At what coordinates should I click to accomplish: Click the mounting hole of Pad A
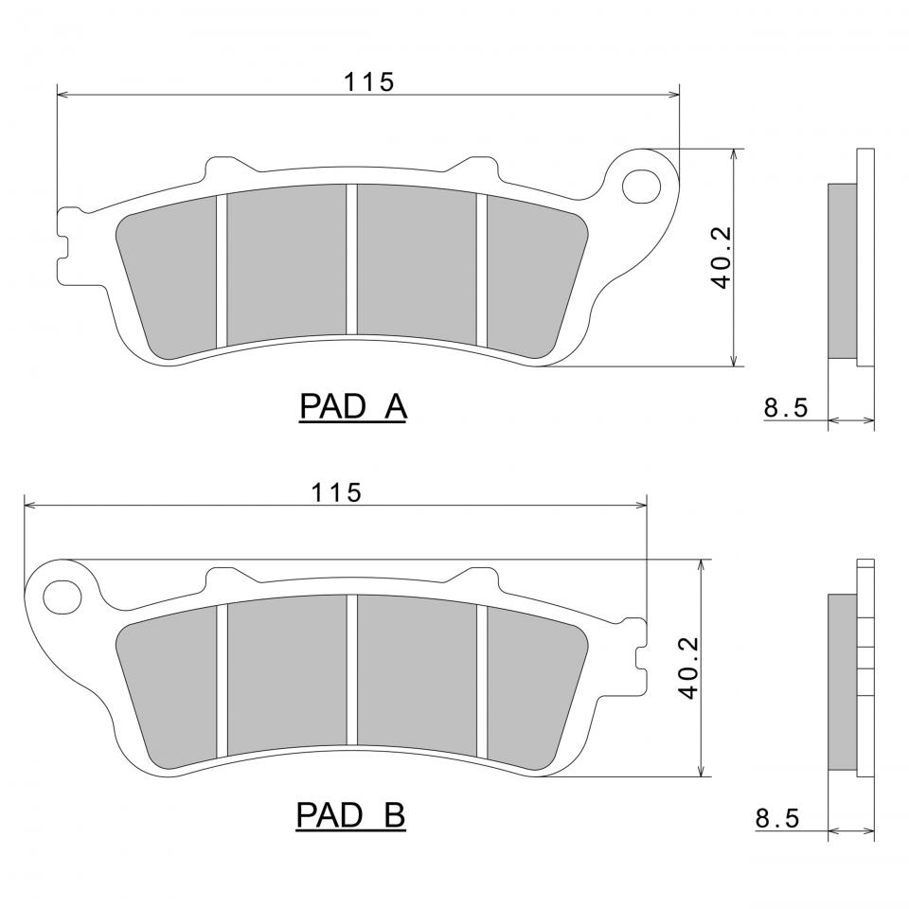click(641, 187)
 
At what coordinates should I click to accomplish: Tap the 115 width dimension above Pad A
click(369, 81)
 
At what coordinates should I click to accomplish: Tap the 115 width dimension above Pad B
click(336, 492)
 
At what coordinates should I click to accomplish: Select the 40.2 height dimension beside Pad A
click(722, 258)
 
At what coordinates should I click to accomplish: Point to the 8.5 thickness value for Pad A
click(786, 407)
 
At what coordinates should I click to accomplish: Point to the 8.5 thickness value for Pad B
click(777, 818)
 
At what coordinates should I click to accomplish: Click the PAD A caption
click(353, 406)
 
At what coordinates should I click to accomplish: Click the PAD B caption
click(350, 815)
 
